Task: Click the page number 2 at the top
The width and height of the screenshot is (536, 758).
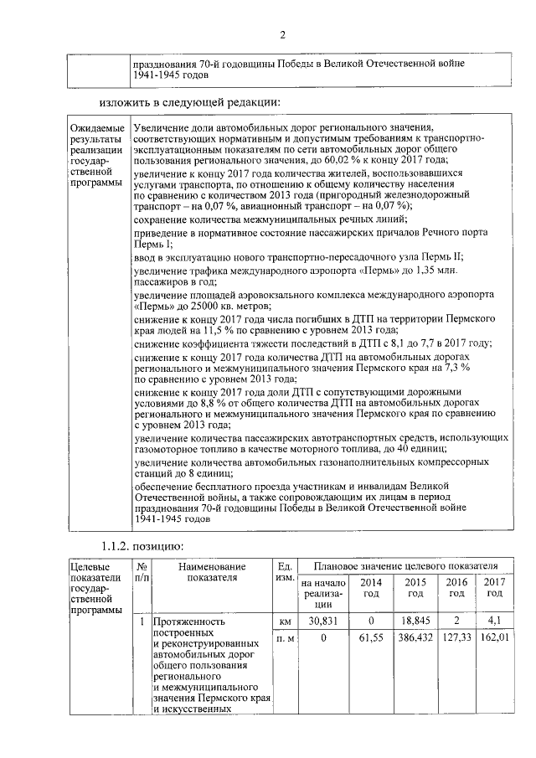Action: [x=282, y=34]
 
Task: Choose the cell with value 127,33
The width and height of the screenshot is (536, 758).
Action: [x=456, y=638]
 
